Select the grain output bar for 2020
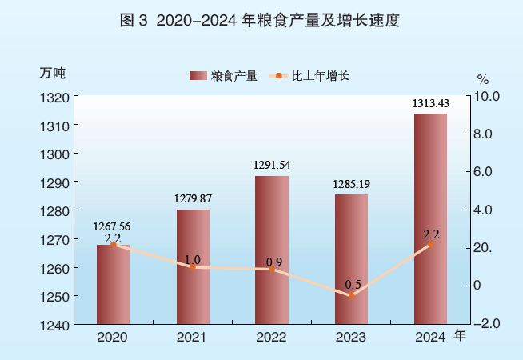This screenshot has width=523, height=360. (113, 284)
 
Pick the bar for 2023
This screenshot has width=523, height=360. (351, 259)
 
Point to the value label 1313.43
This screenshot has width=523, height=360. (430, 102)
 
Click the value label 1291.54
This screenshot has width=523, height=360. (272, 166)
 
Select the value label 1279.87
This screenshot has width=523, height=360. (193, 198)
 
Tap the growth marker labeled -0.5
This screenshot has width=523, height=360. (351, 295)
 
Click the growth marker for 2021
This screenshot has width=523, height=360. (193, 267)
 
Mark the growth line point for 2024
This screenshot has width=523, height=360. (430, 245)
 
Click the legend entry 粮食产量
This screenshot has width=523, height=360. (223, 76)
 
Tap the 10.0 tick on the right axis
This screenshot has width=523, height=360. (487, 97)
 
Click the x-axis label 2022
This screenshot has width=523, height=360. (272, 338)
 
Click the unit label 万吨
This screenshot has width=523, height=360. (52, 71)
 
